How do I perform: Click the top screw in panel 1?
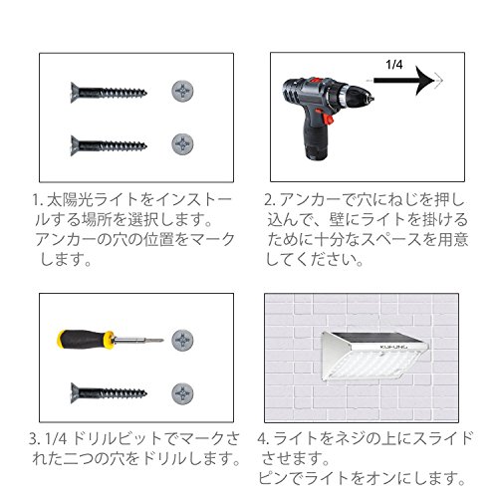point(109,92)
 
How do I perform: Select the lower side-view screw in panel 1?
point(109,145)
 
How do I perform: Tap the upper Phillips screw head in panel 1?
point(182,91)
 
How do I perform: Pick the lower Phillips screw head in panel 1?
point(182,144)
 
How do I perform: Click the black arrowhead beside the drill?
point(424,81)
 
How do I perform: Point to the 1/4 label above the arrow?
point(394,65)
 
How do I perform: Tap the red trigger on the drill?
point(328,119)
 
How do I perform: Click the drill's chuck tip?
point(370,99)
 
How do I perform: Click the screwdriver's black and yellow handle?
point(86,340)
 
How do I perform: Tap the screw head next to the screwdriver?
point(182,340)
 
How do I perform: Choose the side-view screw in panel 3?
point(109,393)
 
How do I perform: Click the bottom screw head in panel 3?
point(182,393)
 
